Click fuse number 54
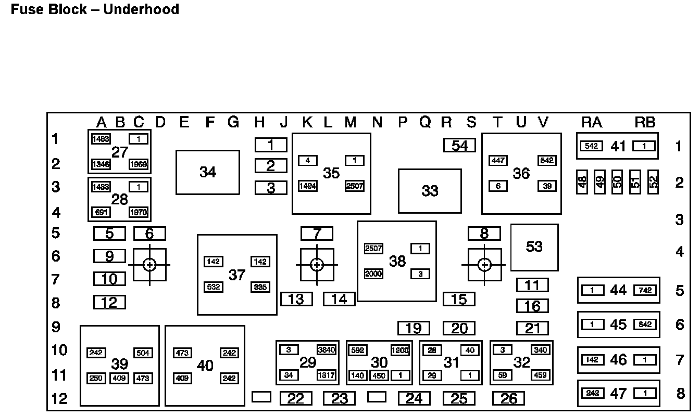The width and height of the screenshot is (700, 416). (459, 146)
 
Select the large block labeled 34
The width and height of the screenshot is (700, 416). (208, 172)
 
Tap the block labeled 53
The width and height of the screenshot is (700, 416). (534, 247)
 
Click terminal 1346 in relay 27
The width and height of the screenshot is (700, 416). (101, 165)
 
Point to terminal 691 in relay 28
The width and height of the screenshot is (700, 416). (101, 212)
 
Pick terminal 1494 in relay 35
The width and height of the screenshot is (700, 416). (307, 186)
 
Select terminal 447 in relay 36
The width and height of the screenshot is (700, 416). (498, 160)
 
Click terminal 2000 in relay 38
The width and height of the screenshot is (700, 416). (373, 274)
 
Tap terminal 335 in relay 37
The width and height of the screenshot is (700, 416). (260, 287)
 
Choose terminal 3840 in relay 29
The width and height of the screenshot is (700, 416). (327, 350)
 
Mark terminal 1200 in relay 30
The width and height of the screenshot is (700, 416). (401, 350)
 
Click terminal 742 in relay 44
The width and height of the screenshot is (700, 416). (645, 290)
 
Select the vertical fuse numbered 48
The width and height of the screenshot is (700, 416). (582, 182)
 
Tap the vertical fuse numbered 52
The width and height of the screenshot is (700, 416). (653, 182)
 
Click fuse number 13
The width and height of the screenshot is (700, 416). (296, 299)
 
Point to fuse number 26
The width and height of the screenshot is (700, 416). (509, 399)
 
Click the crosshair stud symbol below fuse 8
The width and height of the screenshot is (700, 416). (484, 265)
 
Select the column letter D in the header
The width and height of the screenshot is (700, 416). (160, 123)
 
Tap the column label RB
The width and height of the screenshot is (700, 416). (645, 123)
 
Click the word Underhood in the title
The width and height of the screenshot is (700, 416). (141, 9)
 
